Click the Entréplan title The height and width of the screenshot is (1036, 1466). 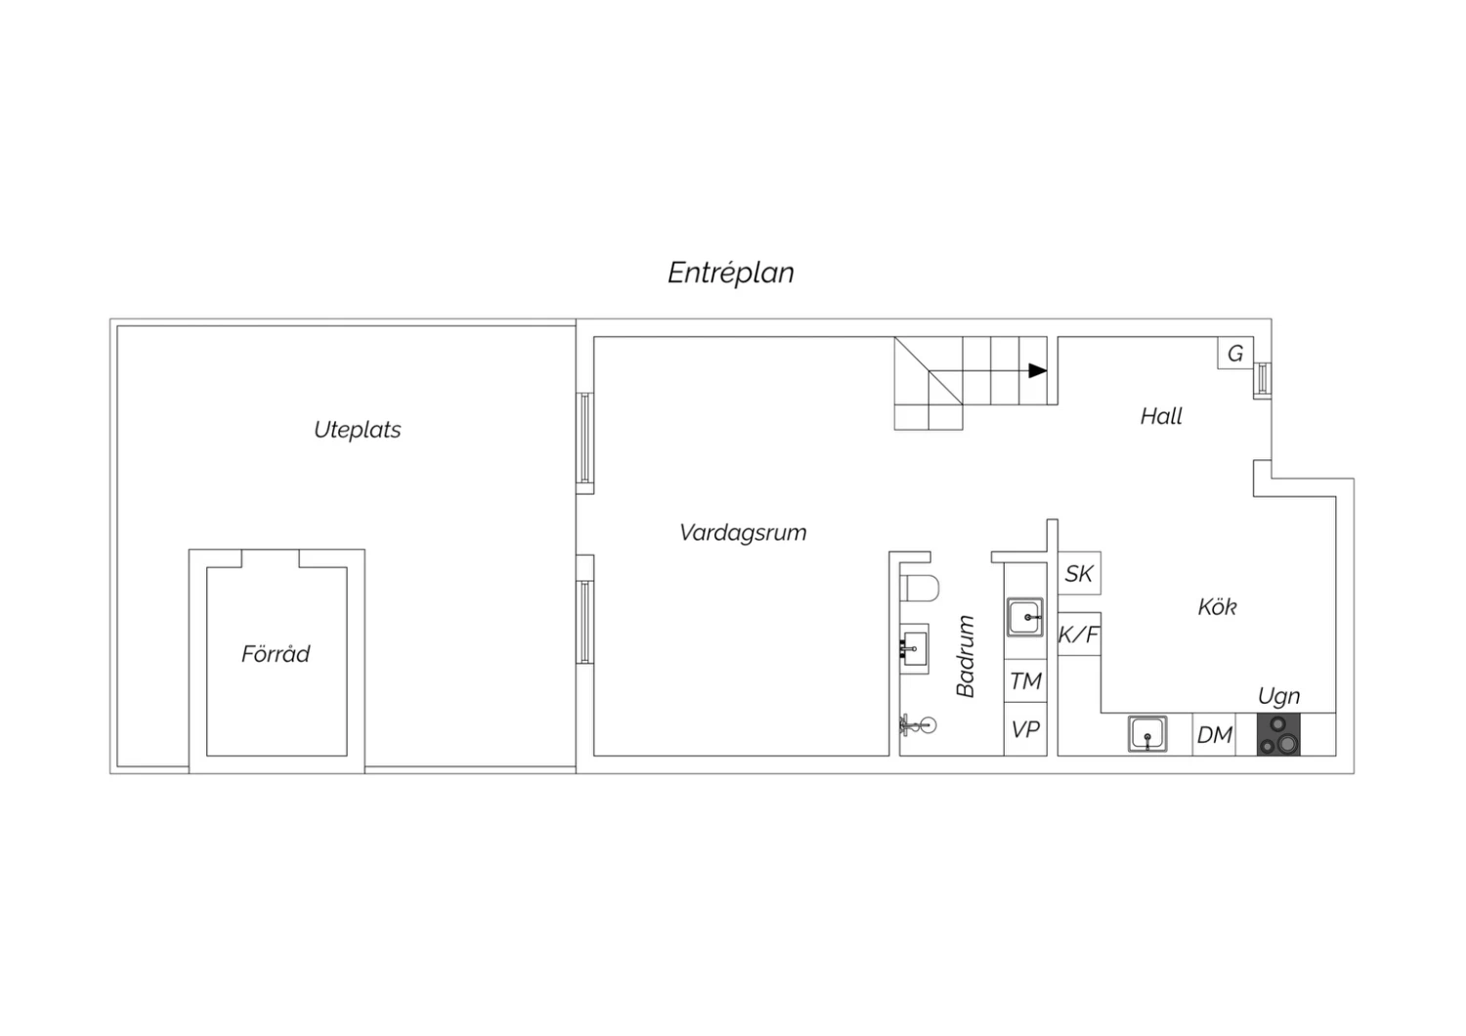click(731, 273)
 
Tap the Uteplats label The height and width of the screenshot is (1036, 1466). click(358, 430)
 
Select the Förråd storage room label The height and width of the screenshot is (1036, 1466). click(276, 653)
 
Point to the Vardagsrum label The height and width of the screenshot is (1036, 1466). click(743, 533)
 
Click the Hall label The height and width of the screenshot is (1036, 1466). click(1161, 416)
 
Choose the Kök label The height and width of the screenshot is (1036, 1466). click(1218, 607)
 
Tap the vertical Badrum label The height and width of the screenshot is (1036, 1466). click(966, 657)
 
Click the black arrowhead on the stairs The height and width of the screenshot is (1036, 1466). click(1037, 370)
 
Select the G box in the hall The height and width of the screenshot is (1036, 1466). click(1235, 354)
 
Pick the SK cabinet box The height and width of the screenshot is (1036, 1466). click(1079, 574)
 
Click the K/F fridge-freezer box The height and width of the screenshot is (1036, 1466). click(1079, 633)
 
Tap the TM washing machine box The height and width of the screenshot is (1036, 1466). click(1025, 680)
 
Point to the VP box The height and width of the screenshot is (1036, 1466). click(1025, 729)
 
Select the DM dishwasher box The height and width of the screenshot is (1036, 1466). click(1214, 734)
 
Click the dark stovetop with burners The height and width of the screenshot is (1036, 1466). click(1278, 734)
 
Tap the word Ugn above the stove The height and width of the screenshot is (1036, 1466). click(1278, 696)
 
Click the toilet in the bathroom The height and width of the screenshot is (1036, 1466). click(920, 587)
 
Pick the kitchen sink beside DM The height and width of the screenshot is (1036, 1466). click(1147, 734)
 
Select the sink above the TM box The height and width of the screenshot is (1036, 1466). click(1025, 617)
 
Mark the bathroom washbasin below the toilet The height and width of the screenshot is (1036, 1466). click(914, 648)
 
